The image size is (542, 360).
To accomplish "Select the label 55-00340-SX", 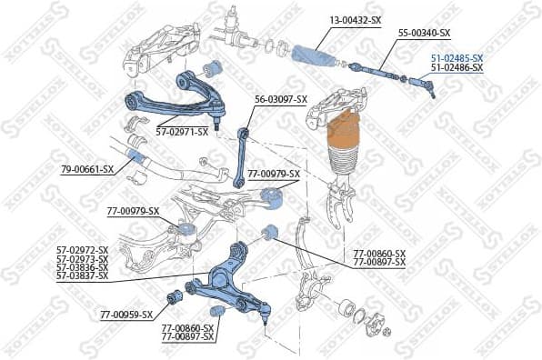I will (x=426, y=33).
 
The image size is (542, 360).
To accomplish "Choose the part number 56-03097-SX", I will (x=281, y=100).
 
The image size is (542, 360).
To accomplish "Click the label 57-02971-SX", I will (x=182, y=132).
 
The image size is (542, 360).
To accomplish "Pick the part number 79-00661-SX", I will (x=87, y=169).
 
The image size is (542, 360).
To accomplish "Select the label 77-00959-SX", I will (x=126, y=315).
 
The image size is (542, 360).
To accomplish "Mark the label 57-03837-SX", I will (x=82, y=275).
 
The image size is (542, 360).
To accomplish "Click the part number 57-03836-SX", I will (x=82, y=267).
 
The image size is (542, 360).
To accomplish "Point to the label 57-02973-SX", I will (x=82, y=258).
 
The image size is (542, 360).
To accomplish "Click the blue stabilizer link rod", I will (x=241, y=155).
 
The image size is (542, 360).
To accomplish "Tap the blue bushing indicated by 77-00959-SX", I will (x=176, y=296).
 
